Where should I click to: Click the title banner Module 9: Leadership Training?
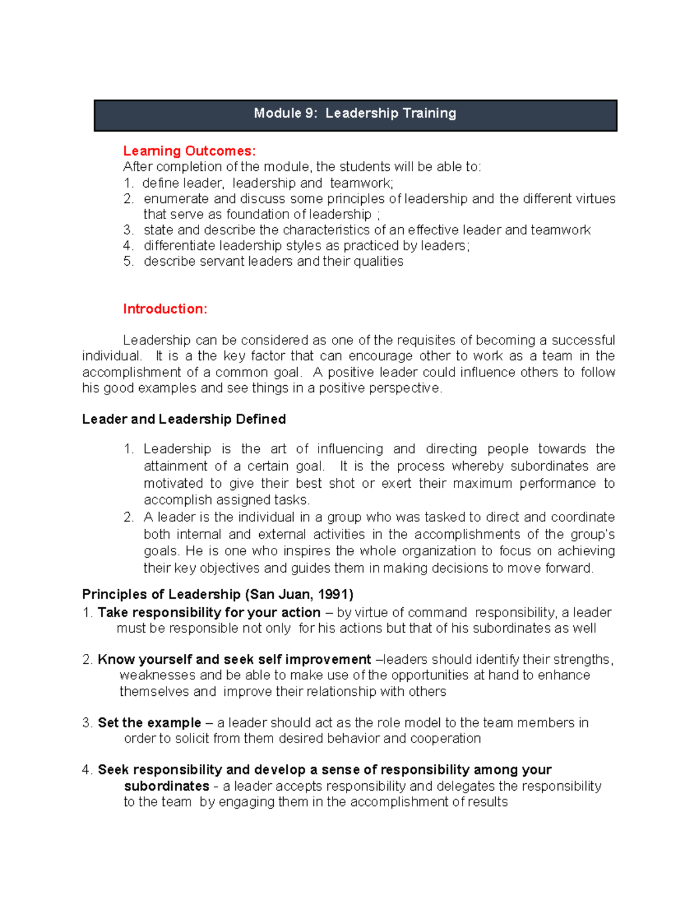pyautogui.click(x=355, y=114)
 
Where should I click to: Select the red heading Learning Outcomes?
pyautogui.click(x=189, y=151)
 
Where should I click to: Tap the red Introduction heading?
pyautogui.click(x=165, y=309)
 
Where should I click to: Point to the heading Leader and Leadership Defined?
pyautogui.click(x=184, y=419)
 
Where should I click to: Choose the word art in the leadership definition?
pyautogui.click(x=278, y=449)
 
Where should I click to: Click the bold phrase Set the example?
pyautogui.click(x=149, y=723)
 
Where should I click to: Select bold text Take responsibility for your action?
pyautogui.click(x=209, y=612)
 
